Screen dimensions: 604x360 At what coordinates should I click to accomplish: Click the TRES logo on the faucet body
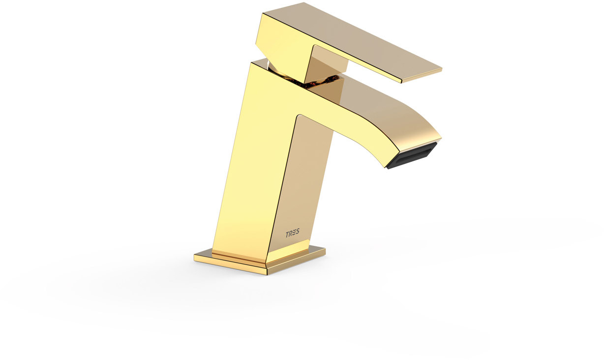pyautogui.click(x=292, y=233)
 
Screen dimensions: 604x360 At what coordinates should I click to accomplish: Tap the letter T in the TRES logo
pyautogui.click(x=287, y=234)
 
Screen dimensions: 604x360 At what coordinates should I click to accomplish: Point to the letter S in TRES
pyautogui.click(x=297, y=232)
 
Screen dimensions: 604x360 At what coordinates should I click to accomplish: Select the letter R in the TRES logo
pyautogui.click(x=291, y=234)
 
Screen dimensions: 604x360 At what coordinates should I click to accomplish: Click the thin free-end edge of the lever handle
pyautogui.click(x=422, y=76)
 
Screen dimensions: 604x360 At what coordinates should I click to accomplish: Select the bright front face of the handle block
pyautogui.click(x=283, y=44)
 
